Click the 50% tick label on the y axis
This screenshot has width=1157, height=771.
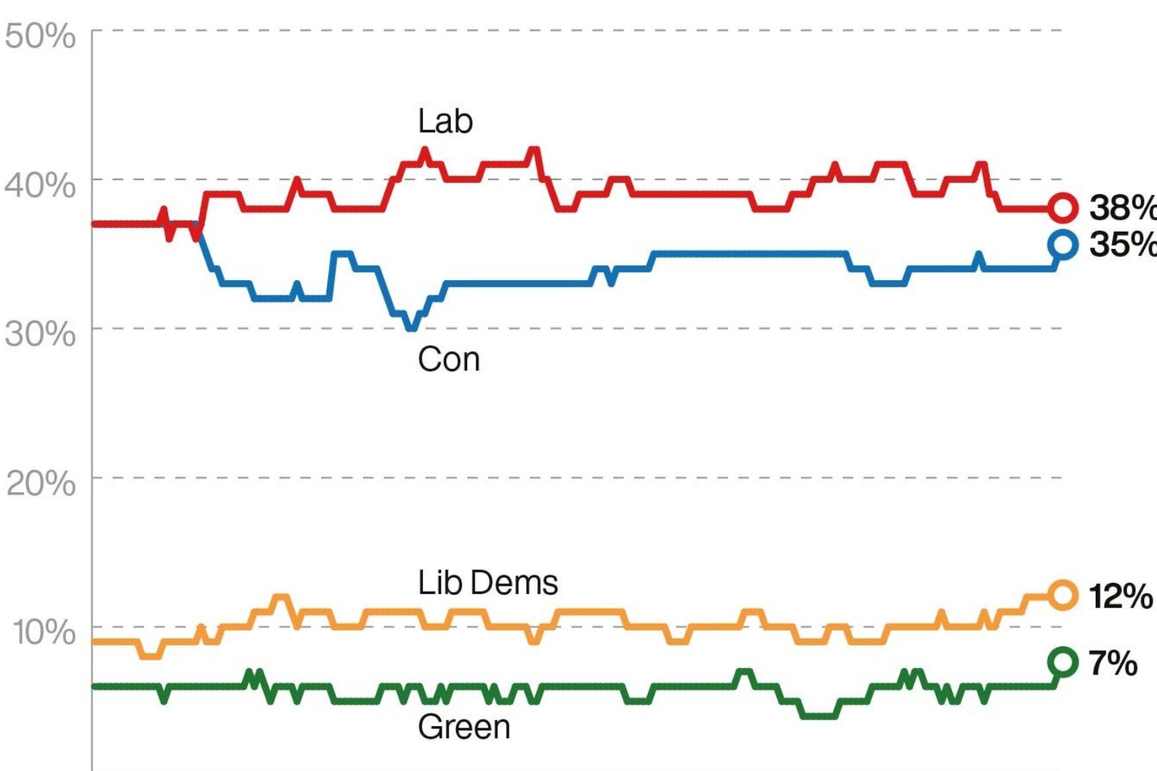pyautogui.click(x=40, y=35)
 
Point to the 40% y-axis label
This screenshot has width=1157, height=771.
pyautogui.click(x=40, y=184)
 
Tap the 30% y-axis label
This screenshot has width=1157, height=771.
pyautogui.click(x=40, y=333)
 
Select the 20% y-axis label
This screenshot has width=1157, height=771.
pyautogui.click(x=40, y=483)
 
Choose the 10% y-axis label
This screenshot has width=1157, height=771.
pyautogui.click(x=43, y=632)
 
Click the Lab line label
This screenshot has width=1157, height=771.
pyautogui.click(x=445, y=121)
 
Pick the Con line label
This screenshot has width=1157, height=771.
pyautogui.click(x=448, y=359)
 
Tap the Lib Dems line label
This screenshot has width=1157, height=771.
pyautogui.click(x=487, y=583)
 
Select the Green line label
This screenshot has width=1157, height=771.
pyautogui.click(x=463, y=727)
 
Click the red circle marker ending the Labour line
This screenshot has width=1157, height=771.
pyautogui.click(x=1062, y=208)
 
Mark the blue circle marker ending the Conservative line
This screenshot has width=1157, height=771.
pyautogui.click(x=1062, y=244)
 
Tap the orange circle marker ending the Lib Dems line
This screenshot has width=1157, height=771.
pyautogui.click(x=1062, y=595)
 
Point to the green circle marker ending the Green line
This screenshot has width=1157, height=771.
pyautogui.click(x=1062, y=662)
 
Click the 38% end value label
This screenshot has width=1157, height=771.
pyautogui.click(x=1121, y=208)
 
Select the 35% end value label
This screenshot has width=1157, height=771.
pyautogui.click(x=1121, y=244)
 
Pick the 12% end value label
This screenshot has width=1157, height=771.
pyautogui.click(x=1120, y=596)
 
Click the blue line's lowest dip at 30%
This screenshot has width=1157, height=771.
pyautogui.click(x=411, y=327)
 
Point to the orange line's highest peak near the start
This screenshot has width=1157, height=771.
pyautogui.click(x=280, y=598)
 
